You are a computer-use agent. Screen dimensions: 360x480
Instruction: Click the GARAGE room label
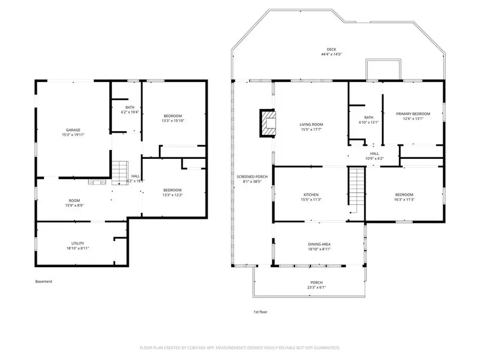[x=73, y=130]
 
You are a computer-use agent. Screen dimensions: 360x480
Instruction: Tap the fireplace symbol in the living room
[x=268, y=123]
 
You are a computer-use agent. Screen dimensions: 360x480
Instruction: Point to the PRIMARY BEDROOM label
[x=413, y=114]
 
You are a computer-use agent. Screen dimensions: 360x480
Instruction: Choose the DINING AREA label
[x=318, y=244]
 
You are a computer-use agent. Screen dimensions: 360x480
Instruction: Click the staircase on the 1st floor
[x=355, y=191]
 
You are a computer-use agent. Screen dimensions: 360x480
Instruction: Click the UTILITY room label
[x=70, y=243]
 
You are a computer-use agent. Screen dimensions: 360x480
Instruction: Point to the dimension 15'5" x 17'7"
[x=311, y=130]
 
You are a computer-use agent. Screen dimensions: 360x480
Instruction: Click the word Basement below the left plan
[x=44, y=282]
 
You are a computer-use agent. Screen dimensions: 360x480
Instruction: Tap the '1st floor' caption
[x=260, y=312]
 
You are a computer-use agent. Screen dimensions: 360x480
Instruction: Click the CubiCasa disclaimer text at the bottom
[x=239, y=347]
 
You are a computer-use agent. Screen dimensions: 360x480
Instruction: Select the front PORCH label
[x=317, y=283]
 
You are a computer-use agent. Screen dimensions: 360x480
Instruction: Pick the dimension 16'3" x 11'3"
[x=404, y=200]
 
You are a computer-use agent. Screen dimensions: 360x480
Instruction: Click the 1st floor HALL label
[x=374, y=153]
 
